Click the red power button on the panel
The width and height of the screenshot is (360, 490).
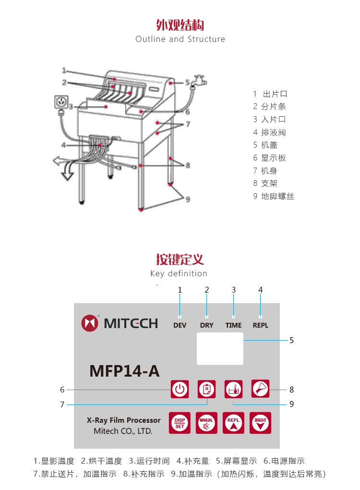pos(179,389)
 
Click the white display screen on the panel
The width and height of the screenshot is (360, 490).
pos(220,349)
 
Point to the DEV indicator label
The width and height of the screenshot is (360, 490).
pos(180,325)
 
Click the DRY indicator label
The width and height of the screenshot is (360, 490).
pos(207,325)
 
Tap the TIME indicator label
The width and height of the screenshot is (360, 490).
pos(234,325)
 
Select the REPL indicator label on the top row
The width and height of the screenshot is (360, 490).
pos(261,325)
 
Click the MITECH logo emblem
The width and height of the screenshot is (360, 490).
pos(90,323)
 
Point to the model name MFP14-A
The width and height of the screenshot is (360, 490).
pos(124,371)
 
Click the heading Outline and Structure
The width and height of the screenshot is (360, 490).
pos(180,39)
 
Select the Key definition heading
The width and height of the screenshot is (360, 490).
pos(179,273)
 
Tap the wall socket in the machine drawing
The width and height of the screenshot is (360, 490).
pos(61,102)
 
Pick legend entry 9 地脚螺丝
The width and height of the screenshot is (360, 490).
pos(274,196)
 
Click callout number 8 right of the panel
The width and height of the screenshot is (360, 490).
pos(291,390)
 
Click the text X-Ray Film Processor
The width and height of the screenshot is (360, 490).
pos(124,420)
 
